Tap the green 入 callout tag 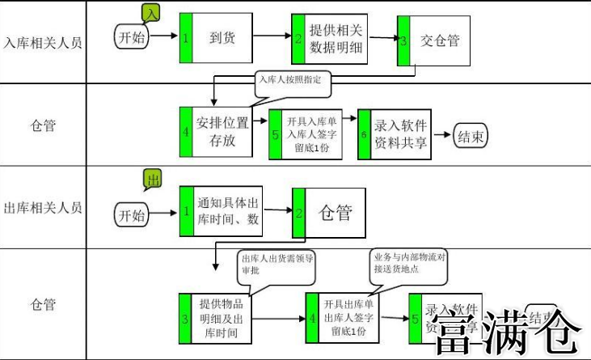coord(150,12)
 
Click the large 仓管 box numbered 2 coord(329,213)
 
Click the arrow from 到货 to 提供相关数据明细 coord(270,36)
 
